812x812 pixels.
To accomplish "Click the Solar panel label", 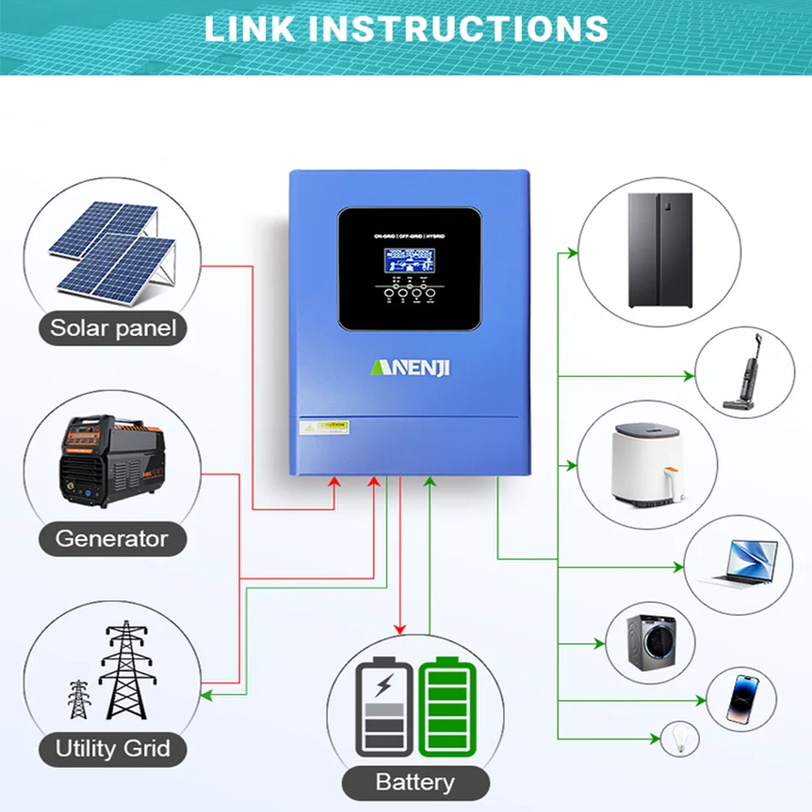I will click(113, 328).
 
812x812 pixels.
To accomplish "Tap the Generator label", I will click(112, 538).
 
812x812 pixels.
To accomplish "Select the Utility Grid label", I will click(113, 750).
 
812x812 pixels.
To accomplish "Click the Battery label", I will click(415, 782).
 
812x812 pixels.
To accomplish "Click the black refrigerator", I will click(660, 250).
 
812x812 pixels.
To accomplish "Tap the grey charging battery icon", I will click(385, 706).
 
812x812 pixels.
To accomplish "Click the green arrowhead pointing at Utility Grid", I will click(204, 695).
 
